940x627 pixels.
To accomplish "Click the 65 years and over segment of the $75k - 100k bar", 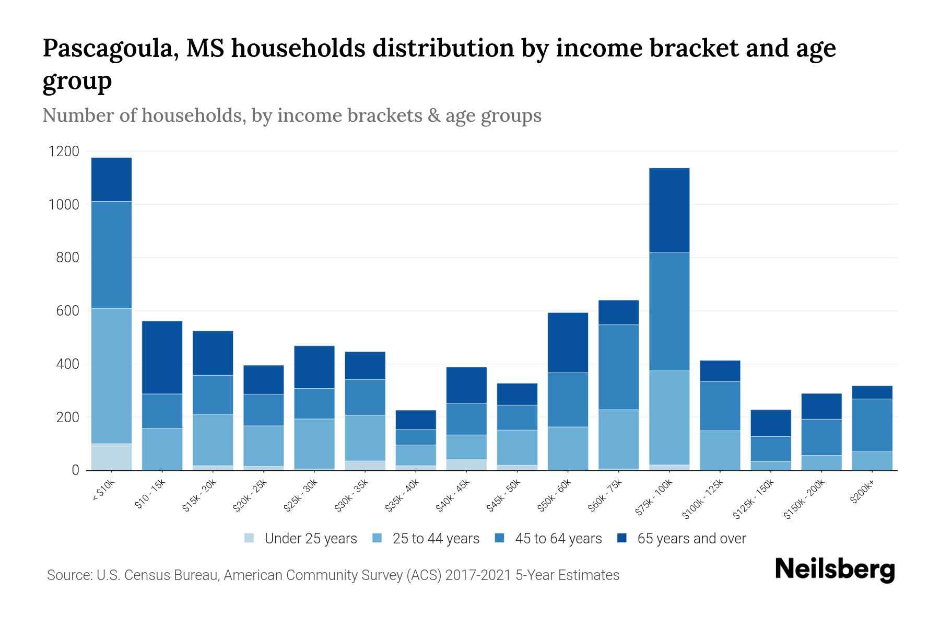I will point(669,210).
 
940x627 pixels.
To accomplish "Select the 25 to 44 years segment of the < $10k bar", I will point(111,376).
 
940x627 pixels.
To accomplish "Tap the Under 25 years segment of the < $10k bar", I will point(111,457).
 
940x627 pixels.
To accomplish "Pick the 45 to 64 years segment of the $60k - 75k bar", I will point(618,367).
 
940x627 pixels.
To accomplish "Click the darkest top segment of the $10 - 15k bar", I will point(162,357).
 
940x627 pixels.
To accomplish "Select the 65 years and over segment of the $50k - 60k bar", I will point(568,342).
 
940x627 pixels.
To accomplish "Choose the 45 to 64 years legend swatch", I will point(500,538).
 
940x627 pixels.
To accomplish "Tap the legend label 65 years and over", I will point(691,539).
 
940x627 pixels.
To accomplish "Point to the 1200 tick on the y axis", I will point(64,152).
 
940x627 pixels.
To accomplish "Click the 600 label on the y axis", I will point(68,311).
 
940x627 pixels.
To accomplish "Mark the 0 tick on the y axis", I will point(75,470).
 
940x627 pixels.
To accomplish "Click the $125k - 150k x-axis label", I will point(753,499).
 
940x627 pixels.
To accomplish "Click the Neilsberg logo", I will point(835,570).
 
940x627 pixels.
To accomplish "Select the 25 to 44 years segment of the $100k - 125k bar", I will point(720,450).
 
